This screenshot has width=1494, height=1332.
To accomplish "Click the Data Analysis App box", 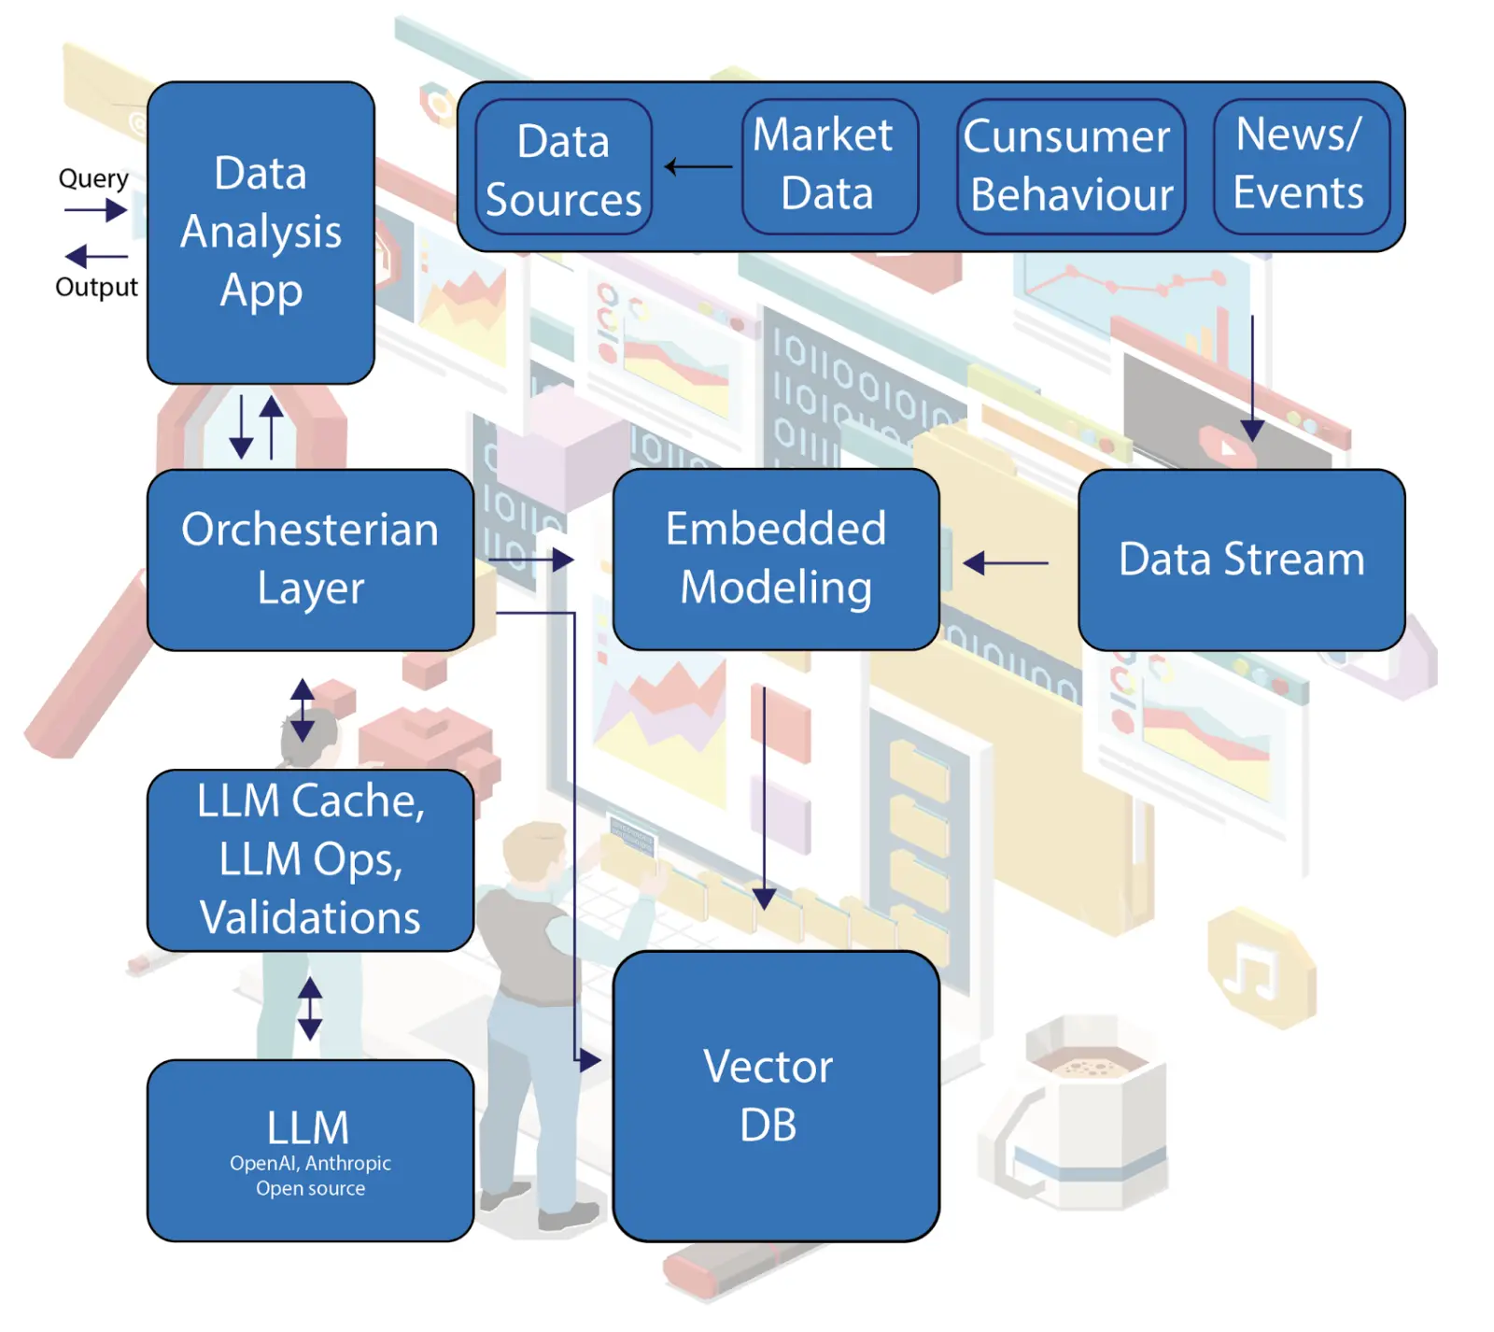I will point(261,233).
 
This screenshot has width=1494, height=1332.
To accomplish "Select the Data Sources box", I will point(563,167).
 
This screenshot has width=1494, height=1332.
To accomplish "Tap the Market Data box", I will point(829,165).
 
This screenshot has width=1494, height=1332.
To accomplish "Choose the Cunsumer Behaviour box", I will point(1070,165).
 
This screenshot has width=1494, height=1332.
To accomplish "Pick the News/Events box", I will point(1301,165).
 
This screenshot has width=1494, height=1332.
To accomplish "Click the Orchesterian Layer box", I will point(310,560).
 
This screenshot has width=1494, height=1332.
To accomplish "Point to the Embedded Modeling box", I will point(775,559).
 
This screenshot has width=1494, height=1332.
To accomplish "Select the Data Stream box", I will point(1241,560).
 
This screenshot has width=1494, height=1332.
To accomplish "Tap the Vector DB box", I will point(775,1096).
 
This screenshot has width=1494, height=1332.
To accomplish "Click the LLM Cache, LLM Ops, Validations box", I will point(310,859).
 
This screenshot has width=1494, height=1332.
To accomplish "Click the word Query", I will point(93,177).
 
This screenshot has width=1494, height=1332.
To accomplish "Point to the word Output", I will point(96,287).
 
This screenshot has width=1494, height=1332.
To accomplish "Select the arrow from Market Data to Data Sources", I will point(698,167).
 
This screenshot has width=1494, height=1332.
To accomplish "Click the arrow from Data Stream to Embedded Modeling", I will point(1006,563).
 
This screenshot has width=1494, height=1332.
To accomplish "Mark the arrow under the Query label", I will point(96,210).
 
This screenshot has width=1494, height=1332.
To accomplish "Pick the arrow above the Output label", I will point(96,256).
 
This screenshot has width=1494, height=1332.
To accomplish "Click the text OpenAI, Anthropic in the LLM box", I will point(310,1163).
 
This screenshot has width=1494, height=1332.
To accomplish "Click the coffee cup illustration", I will point(1083,1112).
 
